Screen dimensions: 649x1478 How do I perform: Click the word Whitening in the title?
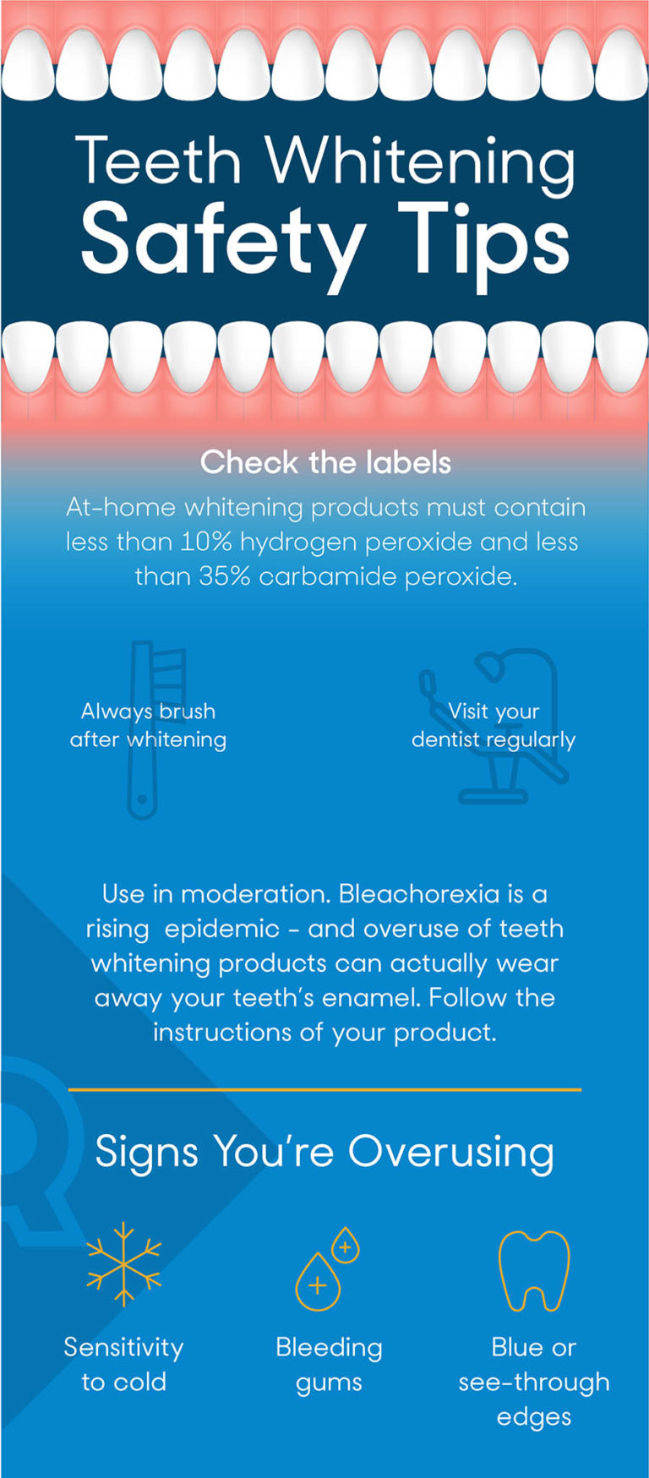point(421,162)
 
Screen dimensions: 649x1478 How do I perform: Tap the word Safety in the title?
point(223,240)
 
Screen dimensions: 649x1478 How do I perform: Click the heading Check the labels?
point(325,462)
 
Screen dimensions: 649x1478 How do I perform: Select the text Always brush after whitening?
point(148,725)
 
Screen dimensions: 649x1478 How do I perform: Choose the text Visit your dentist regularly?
point(494,725)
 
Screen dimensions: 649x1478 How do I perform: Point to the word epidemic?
point(222,929)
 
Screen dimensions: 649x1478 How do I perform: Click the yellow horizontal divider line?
point(324,1090)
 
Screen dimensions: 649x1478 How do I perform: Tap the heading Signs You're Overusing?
point(324,1152)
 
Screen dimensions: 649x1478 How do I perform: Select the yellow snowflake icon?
point(124,1264)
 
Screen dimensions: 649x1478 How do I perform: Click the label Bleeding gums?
point(329,1365)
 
